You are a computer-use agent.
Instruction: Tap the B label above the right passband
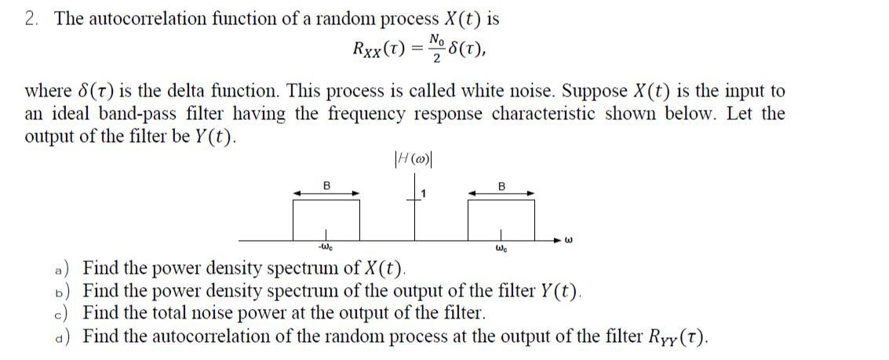[501, 185]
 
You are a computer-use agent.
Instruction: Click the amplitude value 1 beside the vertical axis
[423, 193]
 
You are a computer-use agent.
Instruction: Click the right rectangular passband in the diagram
[501, 220]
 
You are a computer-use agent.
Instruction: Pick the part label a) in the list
[70, 271]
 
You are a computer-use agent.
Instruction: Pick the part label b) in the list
[70, 293]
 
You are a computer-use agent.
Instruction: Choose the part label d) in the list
[70, 337]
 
